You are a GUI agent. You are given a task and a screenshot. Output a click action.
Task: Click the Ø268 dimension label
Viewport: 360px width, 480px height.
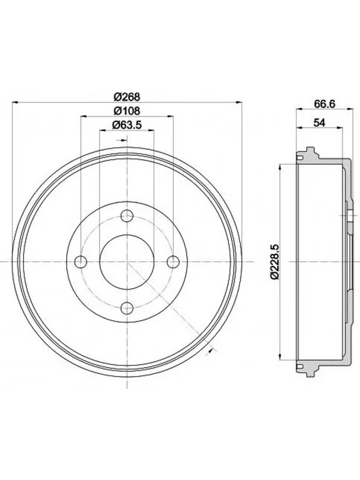pyautogui.click(x=127, y=97)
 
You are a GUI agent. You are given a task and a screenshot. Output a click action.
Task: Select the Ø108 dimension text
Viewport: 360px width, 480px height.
pyautogui.click(x=127, y=110)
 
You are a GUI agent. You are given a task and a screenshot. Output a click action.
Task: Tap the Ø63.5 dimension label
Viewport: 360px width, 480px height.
pyautogui.click(x=127, y=125)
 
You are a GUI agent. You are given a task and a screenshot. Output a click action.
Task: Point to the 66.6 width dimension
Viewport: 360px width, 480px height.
pyautogui.click(x=325, y=103)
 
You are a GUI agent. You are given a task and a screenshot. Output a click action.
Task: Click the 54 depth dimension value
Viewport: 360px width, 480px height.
pyautogui.click(x=319, y=123)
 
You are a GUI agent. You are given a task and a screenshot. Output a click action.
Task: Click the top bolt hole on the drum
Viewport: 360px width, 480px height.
pyautogui.click(x=127, y=216)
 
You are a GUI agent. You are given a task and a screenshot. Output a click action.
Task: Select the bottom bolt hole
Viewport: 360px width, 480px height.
pyautogui.click(x=127, y=308)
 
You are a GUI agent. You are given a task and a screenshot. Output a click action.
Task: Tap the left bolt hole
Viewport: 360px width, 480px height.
pyautogui.click(x=81, y=262)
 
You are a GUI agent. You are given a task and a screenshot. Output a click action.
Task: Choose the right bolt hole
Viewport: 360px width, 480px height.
pyautogui.click(x=173, y=262)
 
